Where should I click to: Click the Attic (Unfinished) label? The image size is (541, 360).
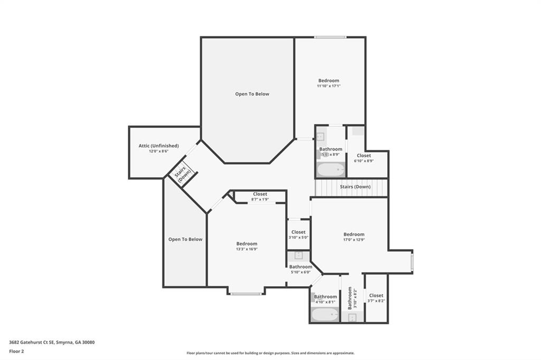(158, 146)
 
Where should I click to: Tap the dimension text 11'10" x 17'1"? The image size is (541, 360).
(329, 86)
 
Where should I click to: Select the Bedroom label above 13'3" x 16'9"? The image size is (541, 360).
(247, 243)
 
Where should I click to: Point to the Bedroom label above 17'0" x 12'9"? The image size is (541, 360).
(353, 234)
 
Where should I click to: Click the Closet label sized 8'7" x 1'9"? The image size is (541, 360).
(260, 194)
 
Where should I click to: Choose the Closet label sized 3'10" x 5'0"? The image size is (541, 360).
(298, 232)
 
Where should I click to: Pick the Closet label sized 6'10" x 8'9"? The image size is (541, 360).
(363, 155)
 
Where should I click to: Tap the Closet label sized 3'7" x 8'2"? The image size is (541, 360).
(376, 296)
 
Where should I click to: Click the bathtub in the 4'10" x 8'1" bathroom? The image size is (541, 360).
(324, 315)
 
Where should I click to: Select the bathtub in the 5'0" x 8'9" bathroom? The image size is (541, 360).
(331, 170)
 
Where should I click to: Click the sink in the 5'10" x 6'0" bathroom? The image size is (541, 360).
(299, 255)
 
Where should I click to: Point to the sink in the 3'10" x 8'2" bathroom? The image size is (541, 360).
(352, 317)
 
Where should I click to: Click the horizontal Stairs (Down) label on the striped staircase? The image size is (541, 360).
(355, 187)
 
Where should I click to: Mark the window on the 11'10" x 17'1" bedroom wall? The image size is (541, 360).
(330, 37)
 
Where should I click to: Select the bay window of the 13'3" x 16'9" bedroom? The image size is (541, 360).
(246, 293)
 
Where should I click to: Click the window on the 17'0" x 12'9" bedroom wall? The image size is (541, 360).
(412, 261)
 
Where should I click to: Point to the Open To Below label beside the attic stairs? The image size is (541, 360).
(185, 239)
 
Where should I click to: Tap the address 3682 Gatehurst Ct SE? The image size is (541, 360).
(32, 342)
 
